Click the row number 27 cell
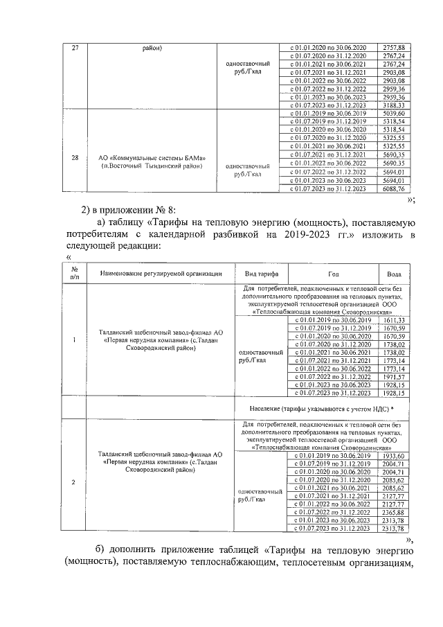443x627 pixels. coord(75,47)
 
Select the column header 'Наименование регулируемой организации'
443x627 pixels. coord(161,274)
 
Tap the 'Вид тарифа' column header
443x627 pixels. coord(262,274)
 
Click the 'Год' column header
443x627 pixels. coord(334,274)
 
